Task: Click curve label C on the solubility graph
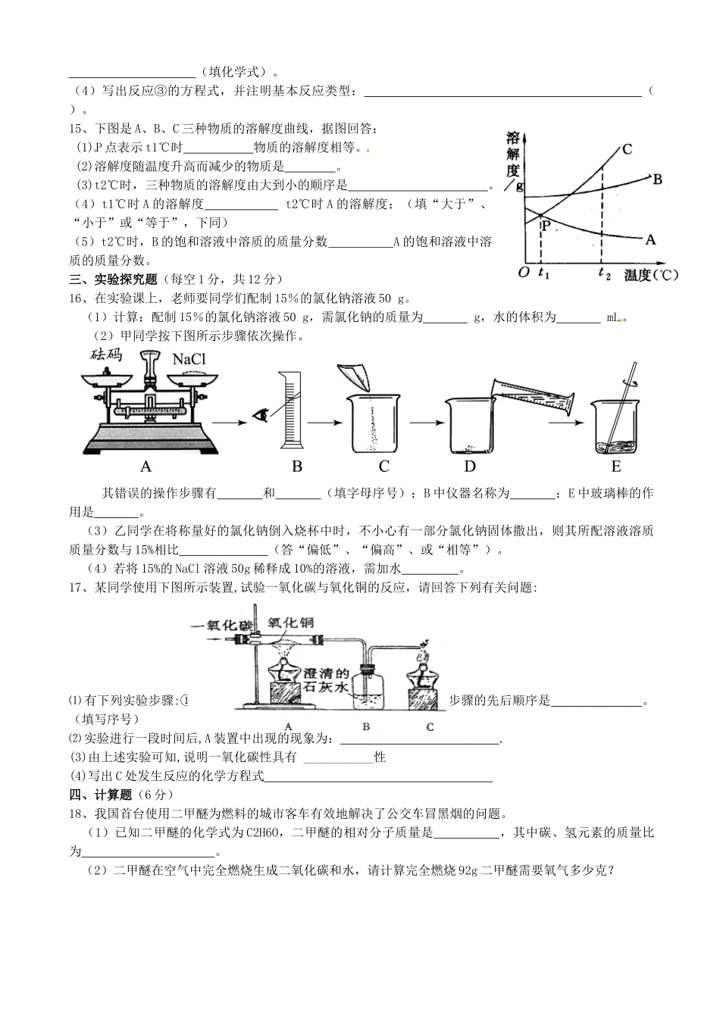click(x=628, y=149)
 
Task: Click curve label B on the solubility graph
click(x=657, y=180)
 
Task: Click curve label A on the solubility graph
click(x=650, y=239)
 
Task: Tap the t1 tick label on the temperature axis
click(x=543, y=273)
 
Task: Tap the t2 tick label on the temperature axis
click(x=604, y=273)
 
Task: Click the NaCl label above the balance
click(x=189, y=359)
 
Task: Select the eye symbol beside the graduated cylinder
click(x=262, y=414)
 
